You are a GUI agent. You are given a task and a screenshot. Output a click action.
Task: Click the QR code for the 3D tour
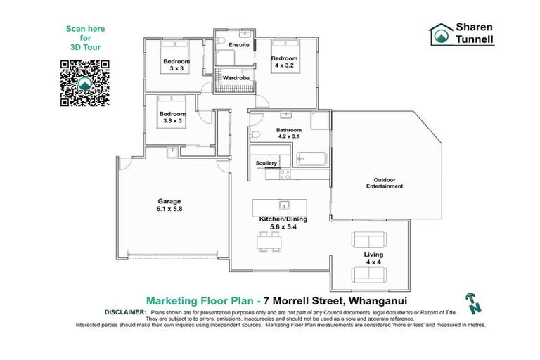pyautogui.click(x=85, y=83)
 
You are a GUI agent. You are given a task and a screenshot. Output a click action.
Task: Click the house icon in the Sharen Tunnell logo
pyautogui.click(x=442, y=34)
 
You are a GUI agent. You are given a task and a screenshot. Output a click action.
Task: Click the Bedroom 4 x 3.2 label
pyautogui.click(x=284, y=62)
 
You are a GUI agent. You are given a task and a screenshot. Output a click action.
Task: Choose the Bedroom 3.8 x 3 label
pyautogui.click(x=172, y=117)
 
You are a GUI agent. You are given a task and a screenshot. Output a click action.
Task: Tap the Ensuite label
pyautogui.click(x=240, y=46)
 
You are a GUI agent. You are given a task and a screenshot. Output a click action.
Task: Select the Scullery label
pyautogui.click(x=266, y=163)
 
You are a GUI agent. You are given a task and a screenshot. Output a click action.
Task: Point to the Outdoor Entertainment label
pyautogui.click(x=384, y=183)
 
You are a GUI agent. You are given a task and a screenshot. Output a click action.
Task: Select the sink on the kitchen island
pyautogui.click(x=284, y=205)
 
